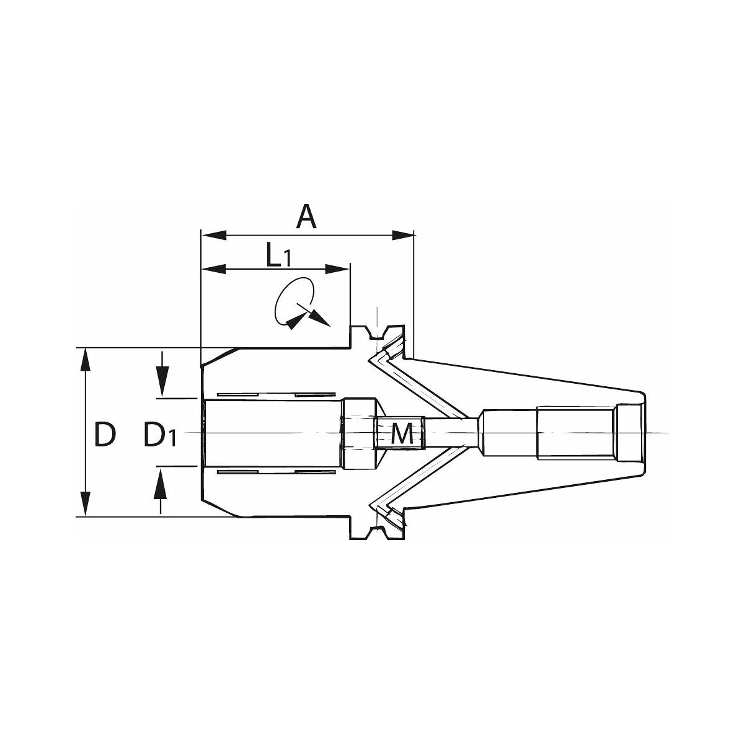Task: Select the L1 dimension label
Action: (x=278, y=255)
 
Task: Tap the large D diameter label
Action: (x=105, y=435)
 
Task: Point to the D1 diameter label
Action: (x=160, y=435)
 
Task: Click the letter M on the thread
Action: (x=402, y=433)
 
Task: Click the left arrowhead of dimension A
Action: (x=214, y=235)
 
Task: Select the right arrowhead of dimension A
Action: (x=403, y=235)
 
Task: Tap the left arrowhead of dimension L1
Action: (x=214, y=269)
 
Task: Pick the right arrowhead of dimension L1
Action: (x=337, y=269)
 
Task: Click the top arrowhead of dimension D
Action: (x=86, y=360)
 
